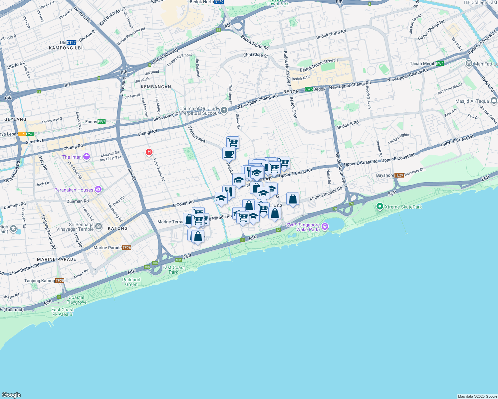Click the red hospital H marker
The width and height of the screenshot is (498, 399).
coord(149,152)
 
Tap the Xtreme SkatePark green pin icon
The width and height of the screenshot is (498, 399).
coord(379,206)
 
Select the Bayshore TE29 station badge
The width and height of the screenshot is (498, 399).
coord(399,175)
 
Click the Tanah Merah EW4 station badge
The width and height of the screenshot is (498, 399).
coord(439,64)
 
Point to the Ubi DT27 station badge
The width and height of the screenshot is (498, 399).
coord(71,43)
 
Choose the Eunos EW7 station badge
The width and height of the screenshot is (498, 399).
coord(102,122)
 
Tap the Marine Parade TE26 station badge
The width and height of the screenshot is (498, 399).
coord(126,248)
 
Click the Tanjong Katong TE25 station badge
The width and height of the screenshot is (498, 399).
coord(60,281)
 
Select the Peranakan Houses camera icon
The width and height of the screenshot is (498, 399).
coord(98,190)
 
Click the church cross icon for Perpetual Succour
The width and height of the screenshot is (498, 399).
coord(224,110)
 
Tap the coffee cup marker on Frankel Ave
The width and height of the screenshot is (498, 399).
coord(229,154)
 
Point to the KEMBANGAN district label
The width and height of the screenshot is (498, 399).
coord(156,87)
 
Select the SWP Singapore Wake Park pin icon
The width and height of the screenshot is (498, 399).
coord(325,226)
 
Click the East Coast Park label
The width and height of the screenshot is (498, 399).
coord(173,270)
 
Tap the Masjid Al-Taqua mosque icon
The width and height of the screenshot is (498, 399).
coord(494,100)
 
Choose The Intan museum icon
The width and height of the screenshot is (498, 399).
coord(87,156)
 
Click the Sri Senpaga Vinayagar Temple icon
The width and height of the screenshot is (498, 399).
coord(98,226)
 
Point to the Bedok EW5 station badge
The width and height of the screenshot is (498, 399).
coord(309,89)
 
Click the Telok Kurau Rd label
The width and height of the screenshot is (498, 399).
coord(159,170)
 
